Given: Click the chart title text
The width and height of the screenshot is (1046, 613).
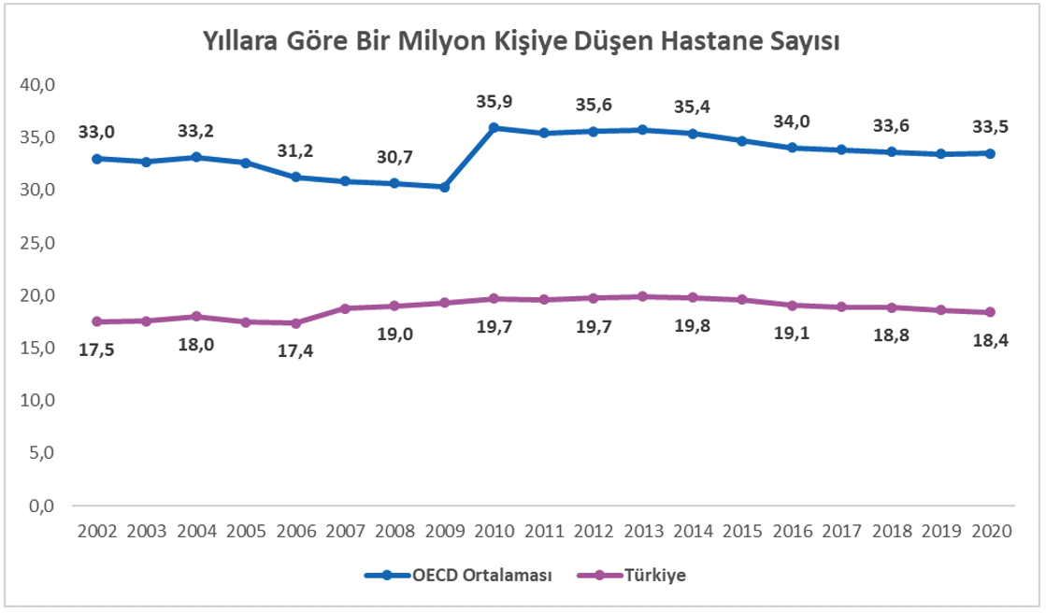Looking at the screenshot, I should click(x=522, y=42).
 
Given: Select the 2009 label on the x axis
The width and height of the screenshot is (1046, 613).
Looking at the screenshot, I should click(x=444, y=531).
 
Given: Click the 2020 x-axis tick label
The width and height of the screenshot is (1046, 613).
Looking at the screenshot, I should click(x=991, y=531).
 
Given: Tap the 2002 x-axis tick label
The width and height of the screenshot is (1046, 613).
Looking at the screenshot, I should click(x=97, y=531).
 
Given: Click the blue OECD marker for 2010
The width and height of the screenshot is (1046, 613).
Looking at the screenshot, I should click(x=494, y=128).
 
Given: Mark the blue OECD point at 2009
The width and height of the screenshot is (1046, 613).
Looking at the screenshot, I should click(x=444, y=187).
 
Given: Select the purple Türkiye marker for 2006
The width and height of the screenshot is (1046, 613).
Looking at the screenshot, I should click(x=295, y=323).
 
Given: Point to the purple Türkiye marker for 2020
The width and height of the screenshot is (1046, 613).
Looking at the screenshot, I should click(x=991, y=312).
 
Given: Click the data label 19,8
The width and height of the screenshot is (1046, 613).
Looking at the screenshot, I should click(x=692, y=328).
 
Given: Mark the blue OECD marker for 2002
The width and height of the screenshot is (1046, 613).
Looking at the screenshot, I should click(x=97, y=159).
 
